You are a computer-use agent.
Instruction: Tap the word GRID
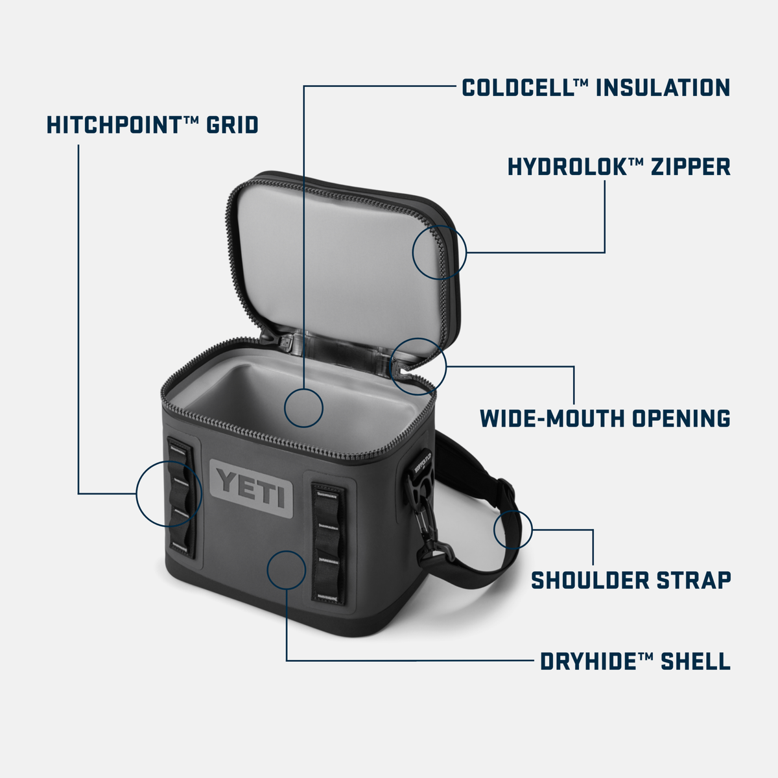(232, 124)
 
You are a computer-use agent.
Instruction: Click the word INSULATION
(663, 88)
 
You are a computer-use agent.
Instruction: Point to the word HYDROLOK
(565, 167)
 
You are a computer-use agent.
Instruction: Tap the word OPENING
(681, 418)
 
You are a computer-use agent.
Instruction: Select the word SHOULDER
(589, 580)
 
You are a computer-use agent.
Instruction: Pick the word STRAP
(694, 580)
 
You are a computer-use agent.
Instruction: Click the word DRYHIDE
(588, 662)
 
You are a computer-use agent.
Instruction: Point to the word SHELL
(696, 662)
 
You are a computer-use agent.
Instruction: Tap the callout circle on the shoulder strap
(513, 529)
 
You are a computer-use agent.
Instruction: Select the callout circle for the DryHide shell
(286, 570)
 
